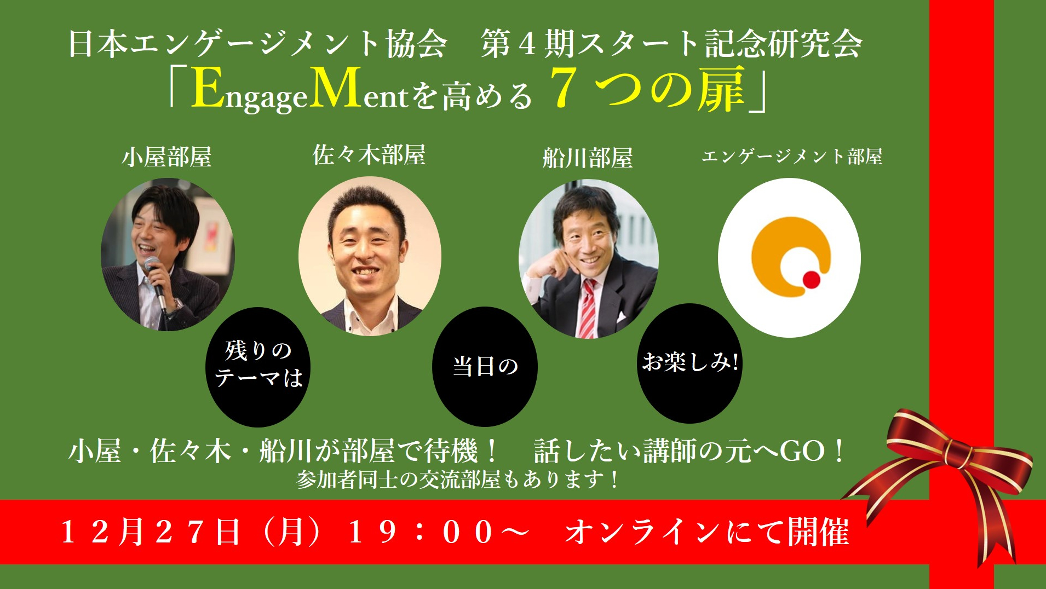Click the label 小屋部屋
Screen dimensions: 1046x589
[x=166, y=157]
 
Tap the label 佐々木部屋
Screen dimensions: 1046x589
[x=369, y=155]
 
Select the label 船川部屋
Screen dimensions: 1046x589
[x=588, y=158]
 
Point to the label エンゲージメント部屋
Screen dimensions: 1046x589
[x=792, y=157]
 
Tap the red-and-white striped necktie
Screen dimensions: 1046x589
[x=587, y=309]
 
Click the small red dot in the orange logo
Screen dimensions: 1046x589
[x=811, y=280]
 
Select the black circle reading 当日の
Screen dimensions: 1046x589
[x=485, y=366]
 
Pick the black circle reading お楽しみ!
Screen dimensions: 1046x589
[x=690, y=363]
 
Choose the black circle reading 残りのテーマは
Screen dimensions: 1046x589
[x=258, y=367]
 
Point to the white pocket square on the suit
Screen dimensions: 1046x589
[x=621, y=317]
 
